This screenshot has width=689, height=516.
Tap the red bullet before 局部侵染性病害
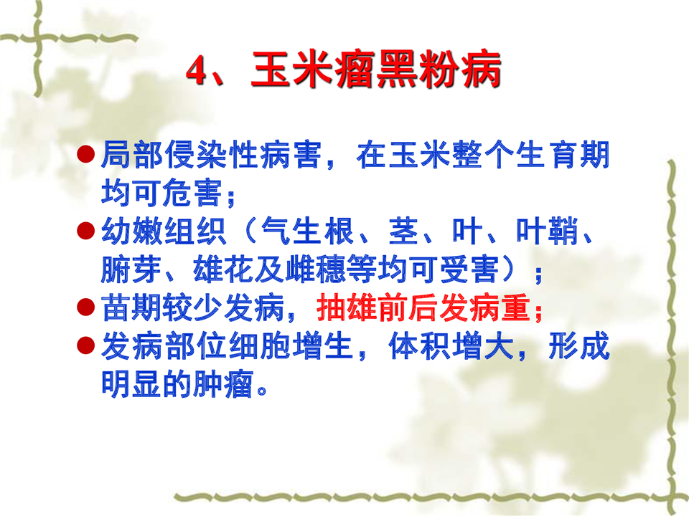86,155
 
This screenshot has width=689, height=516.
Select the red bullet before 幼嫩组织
86,231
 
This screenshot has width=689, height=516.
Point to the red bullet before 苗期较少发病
86,307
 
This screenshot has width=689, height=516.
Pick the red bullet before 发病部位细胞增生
86,345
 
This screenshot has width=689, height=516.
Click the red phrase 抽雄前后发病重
425,307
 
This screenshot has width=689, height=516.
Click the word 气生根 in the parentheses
308,231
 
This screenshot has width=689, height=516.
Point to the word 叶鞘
547,231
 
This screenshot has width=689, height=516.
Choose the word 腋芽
131,269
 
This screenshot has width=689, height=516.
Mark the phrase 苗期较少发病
193,307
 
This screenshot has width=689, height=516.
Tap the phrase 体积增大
451,345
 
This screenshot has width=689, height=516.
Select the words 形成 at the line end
579,345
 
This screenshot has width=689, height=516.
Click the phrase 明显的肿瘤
177,384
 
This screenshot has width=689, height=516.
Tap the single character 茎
403,231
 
